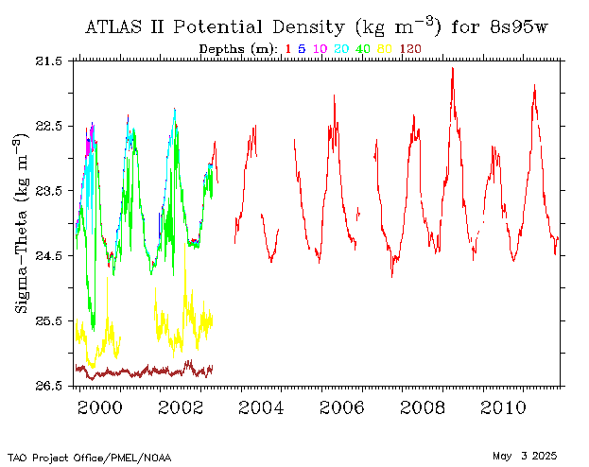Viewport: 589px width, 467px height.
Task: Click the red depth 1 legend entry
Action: (x=288, y=49)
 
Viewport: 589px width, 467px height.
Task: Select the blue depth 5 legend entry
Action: (x=302, y=49)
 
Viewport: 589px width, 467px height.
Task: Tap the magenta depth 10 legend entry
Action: (x=320, y=49)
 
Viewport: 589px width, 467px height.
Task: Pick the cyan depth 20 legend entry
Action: (x=341, y=49)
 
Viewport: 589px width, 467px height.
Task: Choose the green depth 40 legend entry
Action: (x=363, y=49)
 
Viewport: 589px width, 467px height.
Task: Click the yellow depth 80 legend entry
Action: (x=385, y=49)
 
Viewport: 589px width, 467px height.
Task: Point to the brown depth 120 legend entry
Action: (x=410, y=49)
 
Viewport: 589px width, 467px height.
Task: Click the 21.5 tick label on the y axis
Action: (x=48, y=61)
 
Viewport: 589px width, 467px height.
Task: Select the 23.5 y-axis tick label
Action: (x=48, y=191)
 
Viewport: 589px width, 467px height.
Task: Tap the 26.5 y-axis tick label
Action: (x=48, y=386)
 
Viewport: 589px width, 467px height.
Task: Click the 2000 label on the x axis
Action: (x=100, y=407)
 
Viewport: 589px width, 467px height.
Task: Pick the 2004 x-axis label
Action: (x=261, y=407)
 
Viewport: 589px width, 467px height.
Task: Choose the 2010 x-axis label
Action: (x=503, y=407)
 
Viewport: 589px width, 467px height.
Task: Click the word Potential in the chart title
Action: (x=217, y=27)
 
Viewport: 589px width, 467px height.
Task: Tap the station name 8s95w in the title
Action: (x=519, y=27)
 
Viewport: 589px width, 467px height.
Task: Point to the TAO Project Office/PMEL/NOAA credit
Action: (x=90, y=458)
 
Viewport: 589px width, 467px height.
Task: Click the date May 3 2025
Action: (x=525, y=456)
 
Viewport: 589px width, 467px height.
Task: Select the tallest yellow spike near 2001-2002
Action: (x=184, y=244)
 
